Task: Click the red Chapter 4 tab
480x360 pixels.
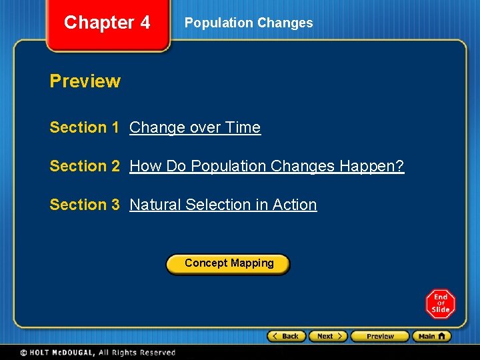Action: (107, 24)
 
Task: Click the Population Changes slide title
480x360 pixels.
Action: (248, 23)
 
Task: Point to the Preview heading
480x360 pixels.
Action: (85, 81)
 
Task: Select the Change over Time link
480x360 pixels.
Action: (195, 127)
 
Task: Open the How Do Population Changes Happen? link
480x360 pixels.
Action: (267, 166)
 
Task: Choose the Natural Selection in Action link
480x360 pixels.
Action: (223, 205)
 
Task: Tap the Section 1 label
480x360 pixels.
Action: (84, 127)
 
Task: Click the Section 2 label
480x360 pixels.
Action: (84, 166)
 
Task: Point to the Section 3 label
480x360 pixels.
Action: (84, 205)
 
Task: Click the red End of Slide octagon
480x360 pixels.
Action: (441, 304)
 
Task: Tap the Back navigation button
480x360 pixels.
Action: (287, 337)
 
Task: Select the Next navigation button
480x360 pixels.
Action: (329, 337)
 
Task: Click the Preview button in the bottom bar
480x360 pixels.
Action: (379, 337)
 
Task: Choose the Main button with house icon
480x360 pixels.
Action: (431, 337)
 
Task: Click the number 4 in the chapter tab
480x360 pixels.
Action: (145, 23)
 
